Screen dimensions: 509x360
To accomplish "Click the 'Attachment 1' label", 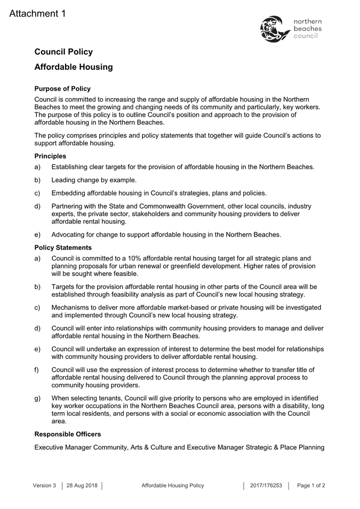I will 37,14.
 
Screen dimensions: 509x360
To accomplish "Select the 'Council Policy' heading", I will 63,52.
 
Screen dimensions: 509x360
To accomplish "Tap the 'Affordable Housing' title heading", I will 74,67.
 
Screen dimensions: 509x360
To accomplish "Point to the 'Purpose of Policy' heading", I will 62,88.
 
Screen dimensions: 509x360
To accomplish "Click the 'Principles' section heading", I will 50,156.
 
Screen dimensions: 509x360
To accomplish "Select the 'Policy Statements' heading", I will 63,247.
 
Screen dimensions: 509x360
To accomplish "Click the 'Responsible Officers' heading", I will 68,434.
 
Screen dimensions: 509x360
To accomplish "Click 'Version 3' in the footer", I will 44,486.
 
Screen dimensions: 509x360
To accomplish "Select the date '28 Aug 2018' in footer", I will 82,486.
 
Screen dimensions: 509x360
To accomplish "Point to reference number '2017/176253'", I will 266,486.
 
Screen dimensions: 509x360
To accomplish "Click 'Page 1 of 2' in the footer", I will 311,486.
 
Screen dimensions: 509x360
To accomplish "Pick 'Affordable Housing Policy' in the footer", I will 173,486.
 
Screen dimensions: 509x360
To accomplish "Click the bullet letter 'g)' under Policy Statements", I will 37,398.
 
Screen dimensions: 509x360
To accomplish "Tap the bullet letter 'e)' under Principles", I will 37,234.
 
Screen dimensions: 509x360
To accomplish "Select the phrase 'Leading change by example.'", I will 94,180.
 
